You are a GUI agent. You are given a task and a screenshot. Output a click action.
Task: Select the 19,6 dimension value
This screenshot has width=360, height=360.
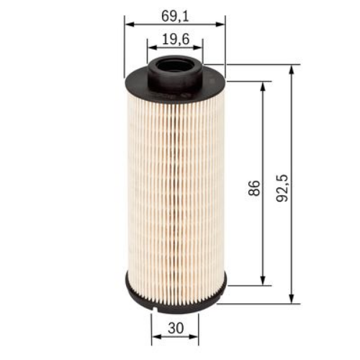coord(174,41)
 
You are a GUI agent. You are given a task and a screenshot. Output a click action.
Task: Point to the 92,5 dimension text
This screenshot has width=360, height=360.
coord(282,186)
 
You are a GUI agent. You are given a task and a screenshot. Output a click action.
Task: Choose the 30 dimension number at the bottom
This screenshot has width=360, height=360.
coord(174,328)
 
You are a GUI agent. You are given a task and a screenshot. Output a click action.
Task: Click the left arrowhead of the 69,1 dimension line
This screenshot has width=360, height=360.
coord(129,24)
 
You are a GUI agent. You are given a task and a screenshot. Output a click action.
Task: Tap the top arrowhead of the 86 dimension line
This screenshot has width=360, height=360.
coord(263,85)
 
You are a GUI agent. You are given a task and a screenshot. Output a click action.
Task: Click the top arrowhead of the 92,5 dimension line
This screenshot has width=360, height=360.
coord(292,69)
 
